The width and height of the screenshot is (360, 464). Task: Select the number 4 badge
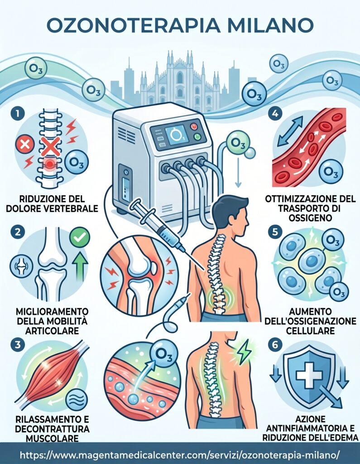click(275, 114)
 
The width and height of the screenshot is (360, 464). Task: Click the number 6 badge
click(275, 345)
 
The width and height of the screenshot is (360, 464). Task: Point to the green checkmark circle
click(80, 237)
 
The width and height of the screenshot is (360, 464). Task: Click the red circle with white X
click(25, 145)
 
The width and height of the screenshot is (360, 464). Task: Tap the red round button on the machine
click(194, 126)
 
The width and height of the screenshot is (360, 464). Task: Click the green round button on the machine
click(197, 137)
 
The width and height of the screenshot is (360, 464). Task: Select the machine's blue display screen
click(176, 135)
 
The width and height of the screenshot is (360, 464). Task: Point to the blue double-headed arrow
click(290, 131)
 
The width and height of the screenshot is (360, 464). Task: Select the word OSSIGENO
click(310, 218)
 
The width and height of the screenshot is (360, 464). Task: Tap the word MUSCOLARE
click(52, 438)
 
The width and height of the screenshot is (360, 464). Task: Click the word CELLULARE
click(310, 330)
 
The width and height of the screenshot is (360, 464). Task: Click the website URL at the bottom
click(180, 454)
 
